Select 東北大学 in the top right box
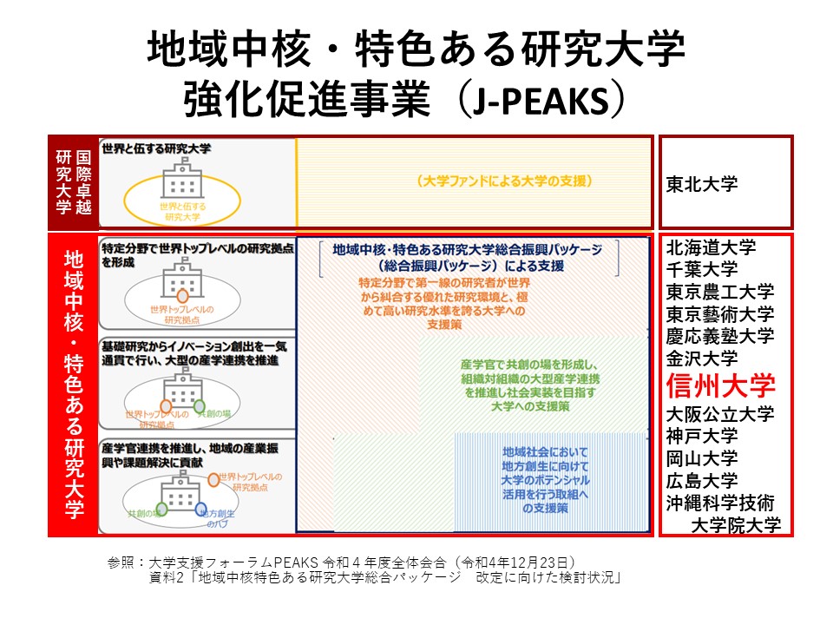click(702, 184)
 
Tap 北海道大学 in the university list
click(712, 247)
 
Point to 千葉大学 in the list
click(702, 269)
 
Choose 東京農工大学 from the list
click(720, 292)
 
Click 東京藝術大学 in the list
click(720, 313)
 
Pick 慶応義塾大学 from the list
click(720, 336)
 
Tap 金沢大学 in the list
click(702, 358)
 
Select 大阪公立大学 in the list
click(720, 413)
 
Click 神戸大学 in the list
click(702, 435)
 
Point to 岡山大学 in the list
click(702, 457)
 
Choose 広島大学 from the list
click(702, 480)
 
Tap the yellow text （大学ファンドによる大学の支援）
click(504, 181)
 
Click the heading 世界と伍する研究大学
click(156, 148)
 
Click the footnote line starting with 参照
click(343, 562)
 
